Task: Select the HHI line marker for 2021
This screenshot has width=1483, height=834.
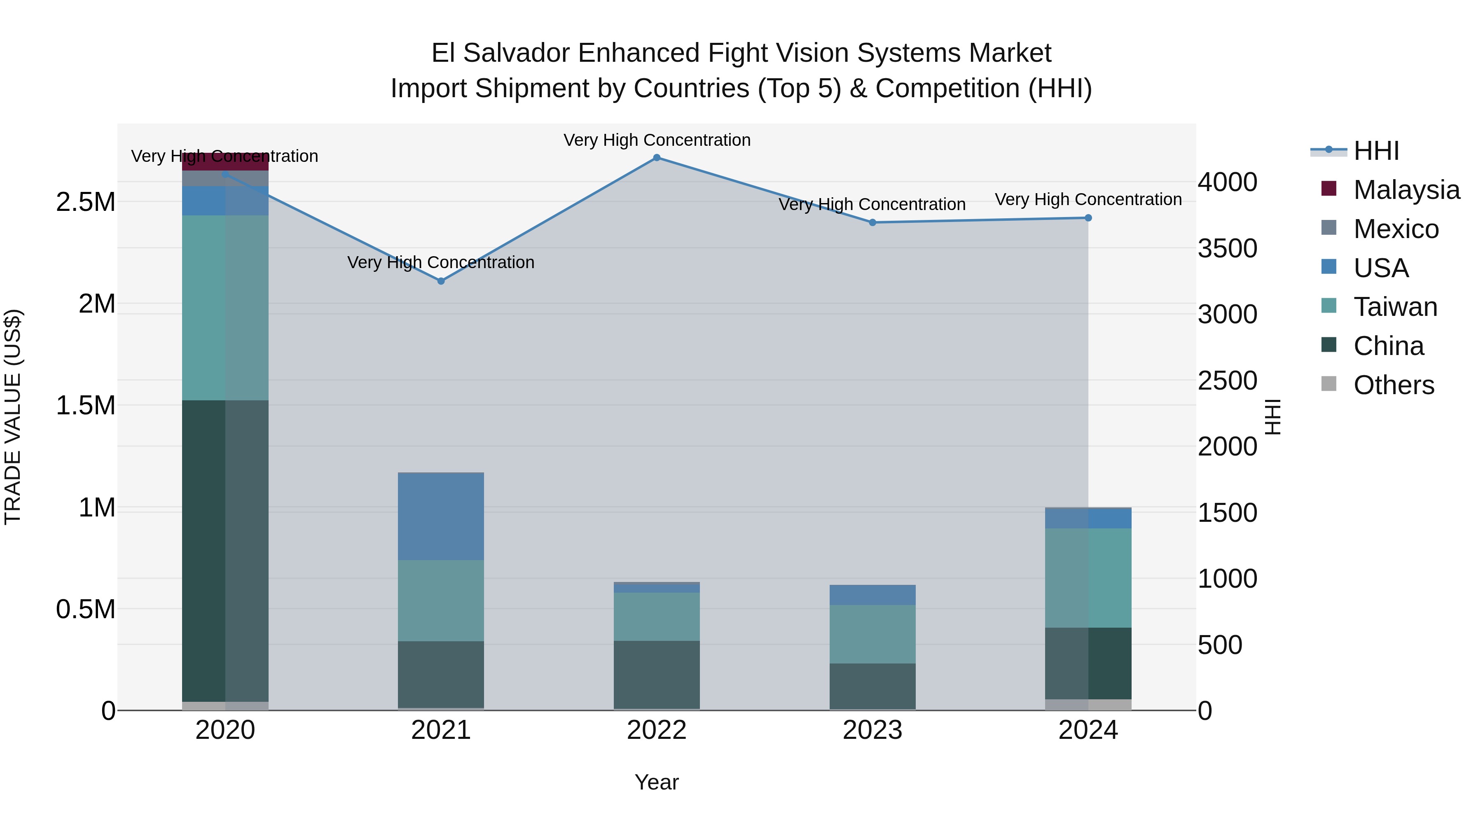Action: pos(441,281)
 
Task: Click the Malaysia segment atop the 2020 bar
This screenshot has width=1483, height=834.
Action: pos(225,162)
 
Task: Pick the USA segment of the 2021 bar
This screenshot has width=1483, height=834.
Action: pos(441,516)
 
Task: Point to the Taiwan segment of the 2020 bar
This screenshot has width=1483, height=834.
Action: pos(225,308)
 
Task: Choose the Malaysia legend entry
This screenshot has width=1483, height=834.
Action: pos(1406,190)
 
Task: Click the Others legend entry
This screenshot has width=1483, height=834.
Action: pos(1393,385)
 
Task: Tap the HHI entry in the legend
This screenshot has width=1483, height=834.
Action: pos(1376,151)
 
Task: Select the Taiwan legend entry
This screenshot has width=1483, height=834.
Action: pos(1395,307)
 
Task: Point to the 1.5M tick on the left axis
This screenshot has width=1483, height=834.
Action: pos(85,406)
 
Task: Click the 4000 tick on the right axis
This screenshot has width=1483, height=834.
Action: pos(1228,182)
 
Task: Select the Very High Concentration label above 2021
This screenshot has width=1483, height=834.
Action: pos(441,262)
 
